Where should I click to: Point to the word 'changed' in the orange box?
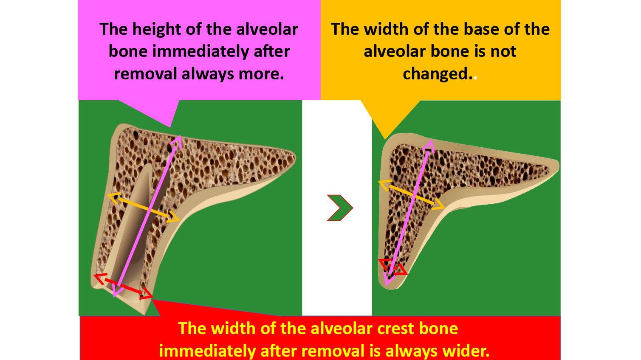(435, 74)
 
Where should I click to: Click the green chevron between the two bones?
(340, 208)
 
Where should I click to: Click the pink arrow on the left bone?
(147, 216)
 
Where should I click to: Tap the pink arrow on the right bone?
(409, 212)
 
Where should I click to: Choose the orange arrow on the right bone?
(412, 195)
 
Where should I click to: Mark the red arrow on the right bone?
(393, 267)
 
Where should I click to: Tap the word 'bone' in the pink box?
(127, 51)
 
